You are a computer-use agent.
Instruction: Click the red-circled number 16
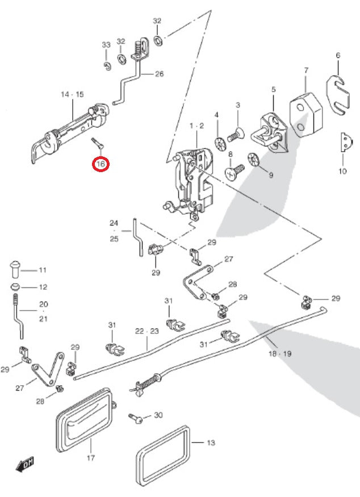point(102,165)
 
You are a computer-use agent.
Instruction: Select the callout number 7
point(306,70)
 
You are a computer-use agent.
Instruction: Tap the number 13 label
point(211,443)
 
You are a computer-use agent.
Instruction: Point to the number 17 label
point(90,458)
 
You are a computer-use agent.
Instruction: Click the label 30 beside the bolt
point(158,415)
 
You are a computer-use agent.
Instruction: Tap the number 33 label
point(106,45)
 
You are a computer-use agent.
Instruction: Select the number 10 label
point(342,171)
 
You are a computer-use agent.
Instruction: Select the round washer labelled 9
point(253,160)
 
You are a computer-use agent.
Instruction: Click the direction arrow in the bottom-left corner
point(26,463)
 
